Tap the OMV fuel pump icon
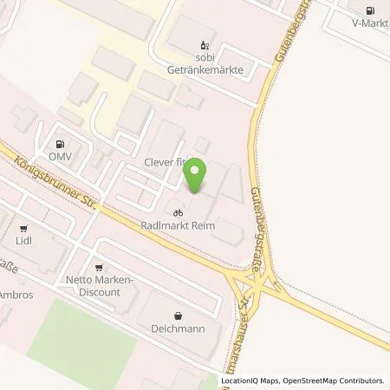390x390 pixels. [x=59, y=145]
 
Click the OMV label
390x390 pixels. [x=59, y=157]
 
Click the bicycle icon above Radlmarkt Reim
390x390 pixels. [x=178, y=212]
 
